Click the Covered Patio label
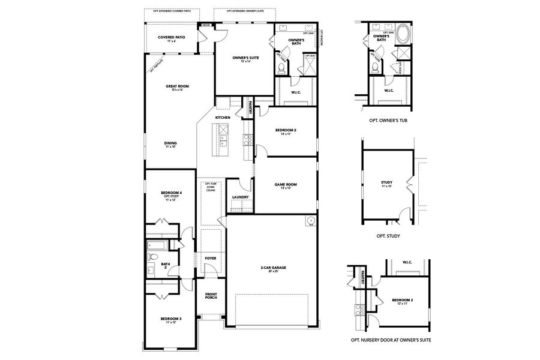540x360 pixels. (171, 38)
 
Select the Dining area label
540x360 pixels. (170, 144)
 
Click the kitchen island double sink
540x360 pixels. (224, 141)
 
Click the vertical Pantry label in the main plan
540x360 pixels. (246, 107)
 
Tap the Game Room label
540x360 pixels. (286, 185)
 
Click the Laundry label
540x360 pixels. (240, 197)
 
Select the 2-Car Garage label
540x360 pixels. (273, 268)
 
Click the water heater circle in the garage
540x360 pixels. (311, 221)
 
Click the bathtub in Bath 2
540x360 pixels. (158, 245)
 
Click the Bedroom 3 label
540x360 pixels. (170, 320)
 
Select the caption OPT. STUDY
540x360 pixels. (388, 236)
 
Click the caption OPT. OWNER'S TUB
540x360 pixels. (388, 120)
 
